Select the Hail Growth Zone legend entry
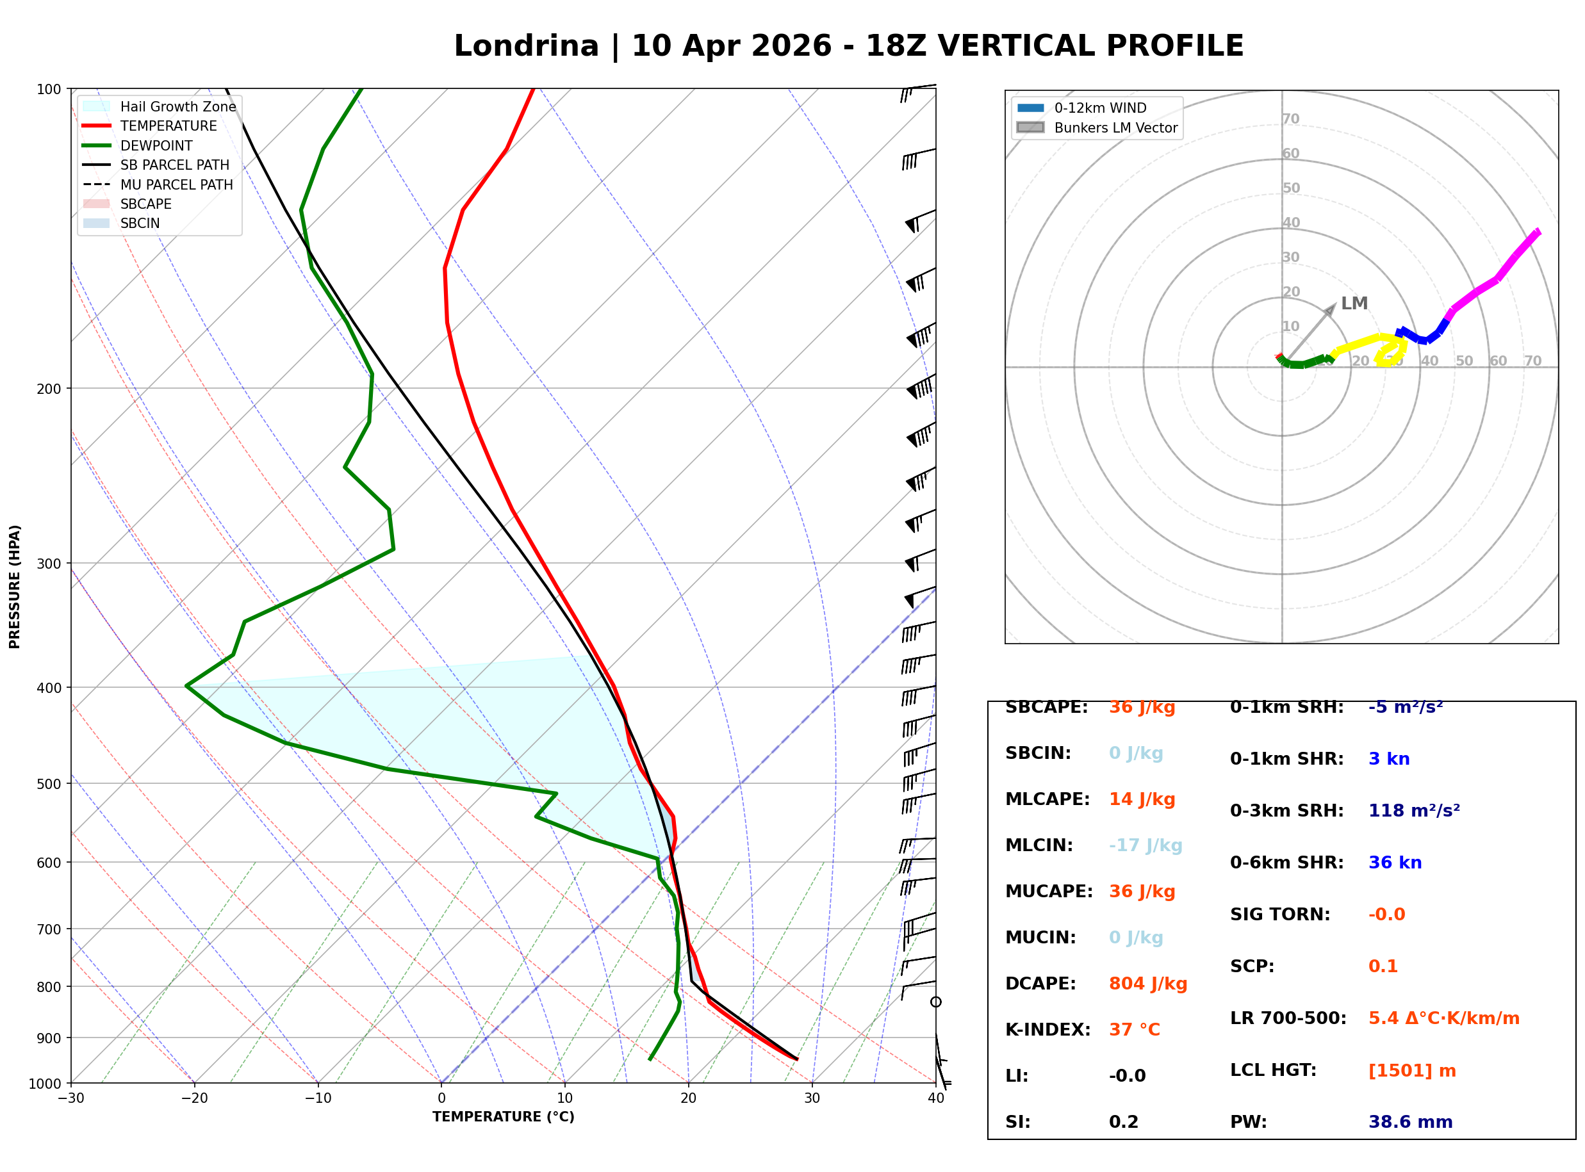177,106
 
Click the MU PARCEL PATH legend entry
176,184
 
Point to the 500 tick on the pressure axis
49,784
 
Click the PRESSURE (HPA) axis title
15,586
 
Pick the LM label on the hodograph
1354,304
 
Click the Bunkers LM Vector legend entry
1115,127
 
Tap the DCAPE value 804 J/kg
1147,984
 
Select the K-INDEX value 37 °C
1134,1030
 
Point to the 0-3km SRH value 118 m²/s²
1413,811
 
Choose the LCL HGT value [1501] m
1411,1071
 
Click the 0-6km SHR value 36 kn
1394,863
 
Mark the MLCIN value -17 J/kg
1145,845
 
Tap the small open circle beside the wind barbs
936,1002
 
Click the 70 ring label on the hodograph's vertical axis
1290,119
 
